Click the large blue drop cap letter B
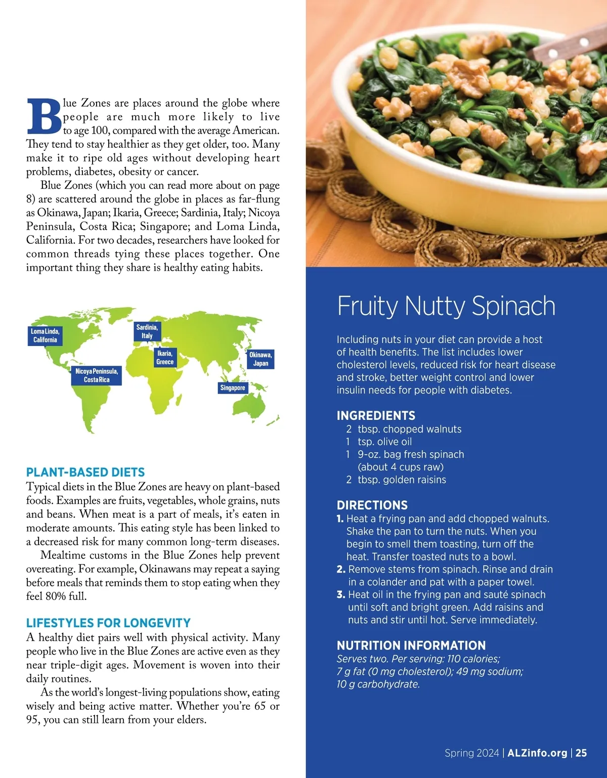[x=44, y=116]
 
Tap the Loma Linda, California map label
[x=45, y=335]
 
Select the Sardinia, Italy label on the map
[x=147, y=331]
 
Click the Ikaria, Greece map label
[x=165, y=358]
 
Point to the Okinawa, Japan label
[x=261, y=359]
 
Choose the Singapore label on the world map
[x=233, y=388]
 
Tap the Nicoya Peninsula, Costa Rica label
[x=97, y=375]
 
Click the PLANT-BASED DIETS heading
[x=85, y=472]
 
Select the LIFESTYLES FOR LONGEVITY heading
[x=108, y=623]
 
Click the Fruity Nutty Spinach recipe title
[x=446, y=306]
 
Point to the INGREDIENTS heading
[x=376, y=416]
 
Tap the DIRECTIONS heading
[x=372, y=505]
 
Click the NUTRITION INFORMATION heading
[x=411, y=645]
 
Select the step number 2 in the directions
[x=341, y=570]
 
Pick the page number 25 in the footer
[x=581, y=753]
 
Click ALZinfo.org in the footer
[x=537, y=753]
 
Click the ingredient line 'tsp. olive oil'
[x=384, y=442]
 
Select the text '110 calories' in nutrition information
[x=473, y=659]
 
